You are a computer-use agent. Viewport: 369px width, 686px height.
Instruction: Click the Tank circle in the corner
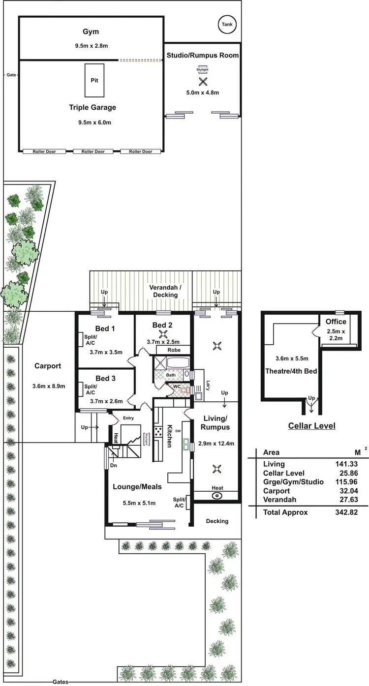(228, 24)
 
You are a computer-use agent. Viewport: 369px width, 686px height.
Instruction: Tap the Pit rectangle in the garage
(94, 80)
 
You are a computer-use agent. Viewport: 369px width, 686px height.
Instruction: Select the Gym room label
(91, 32)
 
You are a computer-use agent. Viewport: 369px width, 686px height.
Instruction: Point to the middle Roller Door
(93, 151)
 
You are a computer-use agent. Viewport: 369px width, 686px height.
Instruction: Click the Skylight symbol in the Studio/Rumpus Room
(202, 70)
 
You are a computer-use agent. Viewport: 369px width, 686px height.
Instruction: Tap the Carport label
(48, 366)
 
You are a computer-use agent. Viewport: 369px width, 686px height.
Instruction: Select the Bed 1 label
(105, 328)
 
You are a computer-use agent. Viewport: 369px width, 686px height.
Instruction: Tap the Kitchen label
(169, 436)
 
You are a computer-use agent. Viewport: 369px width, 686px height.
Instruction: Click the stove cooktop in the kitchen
(159, 432)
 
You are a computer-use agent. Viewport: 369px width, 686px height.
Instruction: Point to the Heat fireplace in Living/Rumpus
(216, 495)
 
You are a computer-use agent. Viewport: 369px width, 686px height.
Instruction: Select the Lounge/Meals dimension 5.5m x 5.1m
(139, 503)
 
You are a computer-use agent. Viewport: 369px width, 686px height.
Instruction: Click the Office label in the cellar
(336, 322)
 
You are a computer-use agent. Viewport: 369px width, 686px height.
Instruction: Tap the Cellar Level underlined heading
(311, 426)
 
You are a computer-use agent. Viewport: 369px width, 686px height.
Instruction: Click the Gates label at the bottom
(61, 682)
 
